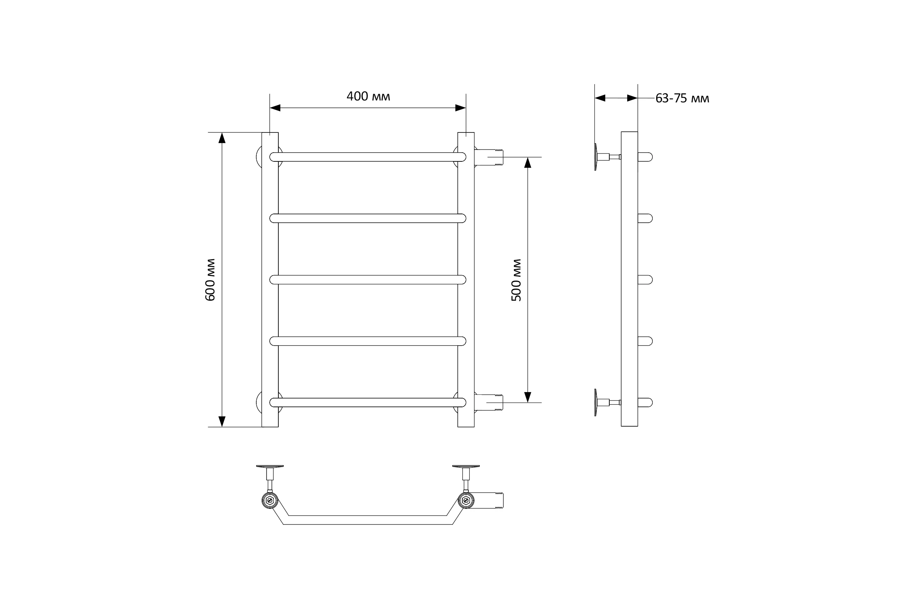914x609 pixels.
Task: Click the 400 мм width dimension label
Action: pyautogui.click(x=368, y=96)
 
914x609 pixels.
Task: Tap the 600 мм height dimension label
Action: pyautogui.click(x=210, y=280)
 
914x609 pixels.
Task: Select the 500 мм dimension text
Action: pyautogui.click(x=516, y=280)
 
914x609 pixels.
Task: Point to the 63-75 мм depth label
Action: pyautogui.click(x=682, y=99)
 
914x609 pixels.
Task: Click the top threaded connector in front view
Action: pyautogui.click(x=489, y=157)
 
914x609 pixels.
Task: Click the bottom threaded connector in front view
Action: pyautogui.click(x=489, y=402)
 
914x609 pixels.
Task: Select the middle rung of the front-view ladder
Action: pyautogui.click(x=368, y=280)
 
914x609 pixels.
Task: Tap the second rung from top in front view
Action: pyautogui.click(x=368, y=218)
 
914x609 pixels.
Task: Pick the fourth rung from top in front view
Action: pyautogui.click(x=368, y=341)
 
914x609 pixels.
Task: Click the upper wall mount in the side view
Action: pyautogui.click(x=607, y=157)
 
